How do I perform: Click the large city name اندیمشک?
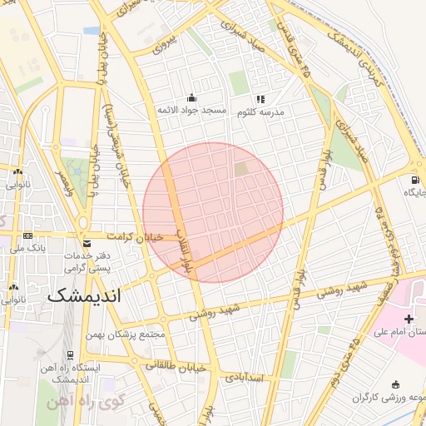click(84, 295)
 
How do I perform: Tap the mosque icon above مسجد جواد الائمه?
click(193, 97)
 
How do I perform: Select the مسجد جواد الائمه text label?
click(193, 111)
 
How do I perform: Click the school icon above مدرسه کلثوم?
click(260, 99)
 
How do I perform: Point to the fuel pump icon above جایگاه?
click(414, 180)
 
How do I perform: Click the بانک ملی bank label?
click(17, 248)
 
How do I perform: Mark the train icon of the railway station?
click(70, 354)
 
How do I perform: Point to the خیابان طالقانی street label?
click(168, 364)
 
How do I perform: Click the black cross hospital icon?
click(409, 319)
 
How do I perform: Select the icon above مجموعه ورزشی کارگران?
click(394, 384)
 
